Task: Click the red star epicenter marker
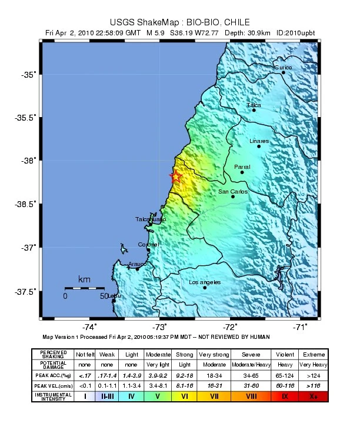(x=175, y=176)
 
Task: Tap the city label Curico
(x=283, y=67)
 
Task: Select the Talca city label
(x=254, y=105)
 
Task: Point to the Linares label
(x=259, y=141)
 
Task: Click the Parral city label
(x=242, y=167)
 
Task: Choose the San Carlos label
(x=233, y=191)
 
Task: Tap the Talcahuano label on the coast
(x=151, y=219)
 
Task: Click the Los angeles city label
(x=205, y=282)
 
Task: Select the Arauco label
(x=137, y=264)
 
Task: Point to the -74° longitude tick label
(x=89, y=327)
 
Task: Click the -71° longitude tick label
(x=301, y=327)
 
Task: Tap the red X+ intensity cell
(x=313, y=396)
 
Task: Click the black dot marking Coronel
(x=148, y=250)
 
